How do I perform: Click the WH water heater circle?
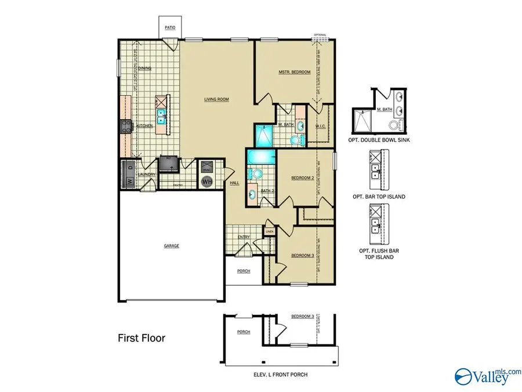(x=207, y=181)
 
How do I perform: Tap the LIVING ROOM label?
(x=216, y=99)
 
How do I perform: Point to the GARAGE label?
(x=171, y=246)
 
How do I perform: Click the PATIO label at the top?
(x=170, y=27)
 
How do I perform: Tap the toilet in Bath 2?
(x=255, y=173)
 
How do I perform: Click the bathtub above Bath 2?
(x=260, y=156)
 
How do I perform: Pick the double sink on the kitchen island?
(x=161, y=113)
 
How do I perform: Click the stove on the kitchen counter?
(x=125, y=125)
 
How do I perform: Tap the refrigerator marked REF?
(x=168, y=164)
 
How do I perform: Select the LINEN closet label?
(x=269, y=232)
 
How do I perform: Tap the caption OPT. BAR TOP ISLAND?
(x=379, y=196)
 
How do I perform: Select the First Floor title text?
(x=142, y=338)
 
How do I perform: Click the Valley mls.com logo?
(x=484, y=376)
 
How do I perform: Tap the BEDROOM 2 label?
(x=302, y=178)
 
